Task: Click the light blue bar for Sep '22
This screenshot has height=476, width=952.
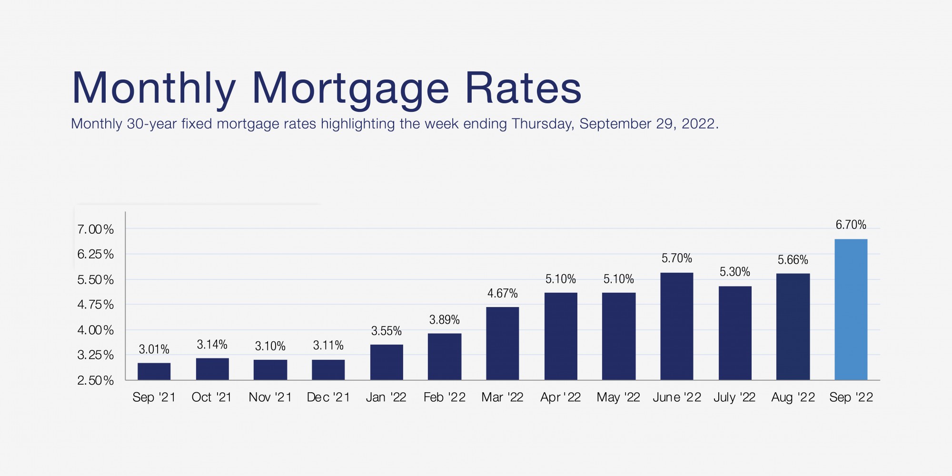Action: (851, 309)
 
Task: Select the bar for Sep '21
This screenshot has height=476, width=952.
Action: (154, 371)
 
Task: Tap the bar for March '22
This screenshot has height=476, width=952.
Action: (502, 343)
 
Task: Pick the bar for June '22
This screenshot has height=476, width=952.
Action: (676, 326)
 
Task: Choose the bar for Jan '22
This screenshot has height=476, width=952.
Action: (387, 362)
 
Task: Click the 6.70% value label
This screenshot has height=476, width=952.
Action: (851, 225)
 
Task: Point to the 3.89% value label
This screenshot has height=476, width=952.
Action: (444, 320)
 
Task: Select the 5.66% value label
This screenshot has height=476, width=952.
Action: (793, 260)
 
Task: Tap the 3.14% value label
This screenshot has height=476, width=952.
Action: (212, 345)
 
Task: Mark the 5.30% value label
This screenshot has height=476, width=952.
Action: (734, 272)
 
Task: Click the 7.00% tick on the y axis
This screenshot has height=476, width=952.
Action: (96, 229)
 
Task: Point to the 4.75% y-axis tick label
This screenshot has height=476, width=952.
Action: (96, 305)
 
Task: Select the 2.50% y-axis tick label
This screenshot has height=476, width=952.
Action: (96, 380)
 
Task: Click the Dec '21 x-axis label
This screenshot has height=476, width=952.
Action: (328, 397)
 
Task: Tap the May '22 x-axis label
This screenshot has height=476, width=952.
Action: (618, 397)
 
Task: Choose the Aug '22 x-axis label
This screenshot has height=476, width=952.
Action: (793, 397)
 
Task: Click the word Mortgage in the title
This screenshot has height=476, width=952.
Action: (350, 89)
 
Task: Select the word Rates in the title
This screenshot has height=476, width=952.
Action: (523, 88)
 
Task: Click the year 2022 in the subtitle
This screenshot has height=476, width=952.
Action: (699, 124)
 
